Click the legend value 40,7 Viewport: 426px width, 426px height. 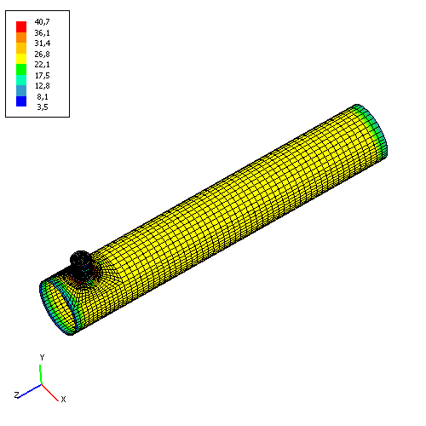click(x=42, y=22)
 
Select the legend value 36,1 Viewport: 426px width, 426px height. click(x=42, y=33)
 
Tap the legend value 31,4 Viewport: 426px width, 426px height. click(x=43, y=43)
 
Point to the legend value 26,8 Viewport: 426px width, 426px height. click(x=42, y=54)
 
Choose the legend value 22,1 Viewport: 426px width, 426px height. click(x=42, y=65)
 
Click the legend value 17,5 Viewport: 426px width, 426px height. click(x=43, y=75)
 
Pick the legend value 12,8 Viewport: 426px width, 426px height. click(x=43, y=86)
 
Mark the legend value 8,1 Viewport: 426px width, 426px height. click(x=43, y=97)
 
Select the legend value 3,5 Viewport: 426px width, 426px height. click(x=43, y=107)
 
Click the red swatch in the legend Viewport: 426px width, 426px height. click(x=21, y=26)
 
